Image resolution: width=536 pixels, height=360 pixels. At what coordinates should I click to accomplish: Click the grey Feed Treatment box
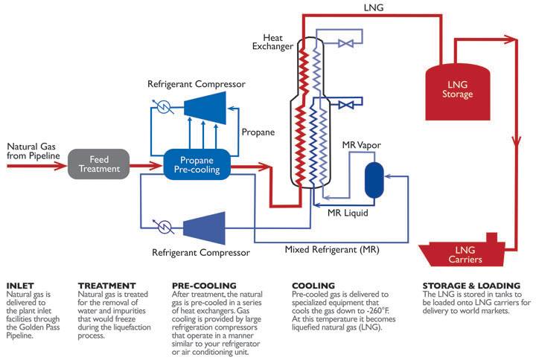[x=99, y=163]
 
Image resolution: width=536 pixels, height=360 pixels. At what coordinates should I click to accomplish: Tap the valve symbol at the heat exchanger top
[x=345, y=44]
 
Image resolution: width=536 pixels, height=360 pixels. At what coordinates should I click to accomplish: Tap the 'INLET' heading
[x=19, y=286]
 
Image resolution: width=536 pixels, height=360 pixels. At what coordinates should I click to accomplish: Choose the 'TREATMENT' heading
[x=107, y=286]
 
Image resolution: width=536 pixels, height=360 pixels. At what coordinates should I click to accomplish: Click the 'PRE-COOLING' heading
[x=203, y=286]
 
